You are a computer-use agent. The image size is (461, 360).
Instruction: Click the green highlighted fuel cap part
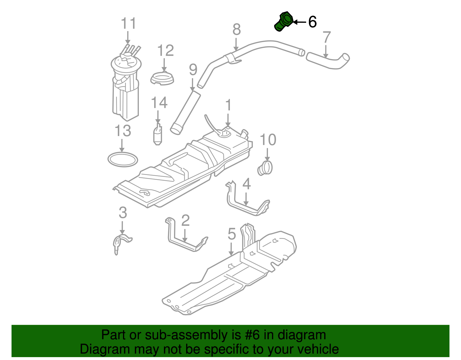tap(283, 21)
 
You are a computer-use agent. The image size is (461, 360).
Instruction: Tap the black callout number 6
tap(312, 22)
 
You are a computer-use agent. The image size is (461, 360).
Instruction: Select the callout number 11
tap(128, 24)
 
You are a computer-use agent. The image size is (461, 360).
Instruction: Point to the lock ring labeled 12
tap(163, 79)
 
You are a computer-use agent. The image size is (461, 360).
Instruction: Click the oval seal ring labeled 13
tap(123, 160)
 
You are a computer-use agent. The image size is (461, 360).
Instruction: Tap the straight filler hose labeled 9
tap(185, 112)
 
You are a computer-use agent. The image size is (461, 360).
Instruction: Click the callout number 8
tap(236, 30)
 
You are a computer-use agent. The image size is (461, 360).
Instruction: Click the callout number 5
tap(232, 234)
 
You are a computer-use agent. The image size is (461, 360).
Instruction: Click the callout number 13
tap(123, 131)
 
